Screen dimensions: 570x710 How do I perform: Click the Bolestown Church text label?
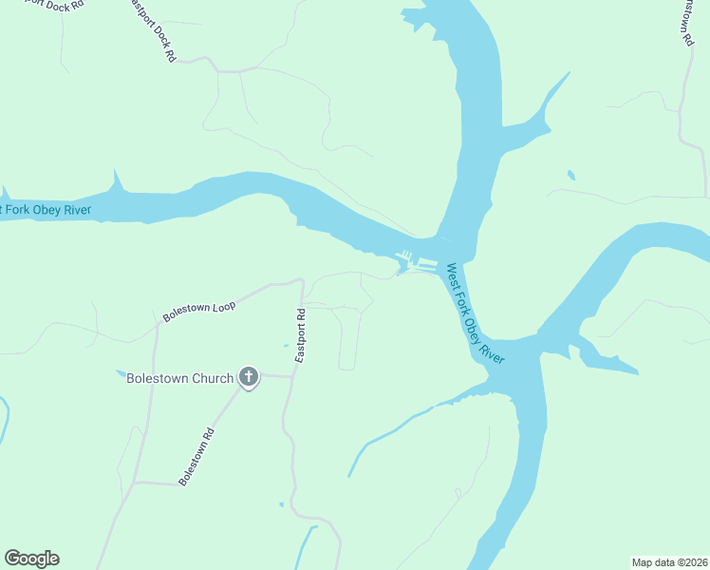180,379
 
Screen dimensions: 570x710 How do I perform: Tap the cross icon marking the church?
249,378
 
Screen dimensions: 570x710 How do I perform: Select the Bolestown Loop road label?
198,308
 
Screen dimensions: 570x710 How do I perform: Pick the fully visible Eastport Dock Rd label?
152,31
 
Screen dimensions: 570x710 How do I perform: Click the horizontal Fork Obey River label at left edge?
47,209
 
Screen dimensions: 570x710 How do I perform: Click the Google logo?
31,559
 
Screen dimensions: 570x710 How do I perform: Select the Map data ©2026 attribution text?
669,562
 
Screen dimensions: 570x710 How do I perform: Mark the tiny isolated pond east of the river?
570,175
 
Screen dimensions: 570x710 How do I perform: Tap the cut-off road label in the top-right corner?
684,21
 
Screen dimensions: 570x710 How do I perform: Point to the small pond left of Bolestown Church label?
121,371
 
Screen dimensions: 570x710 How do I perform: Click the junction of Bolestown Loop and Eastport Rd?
301,281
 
